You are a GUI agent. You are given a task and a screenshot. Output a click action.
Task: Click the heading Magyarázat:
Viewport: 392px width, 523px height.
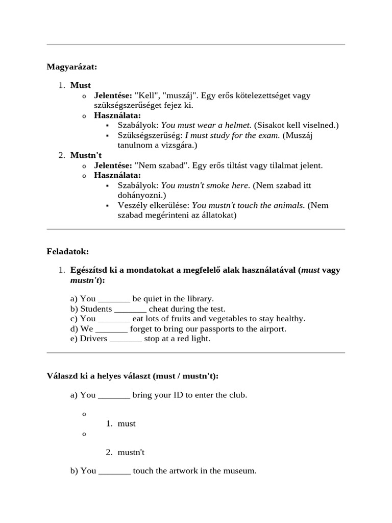click(x=72, y=66)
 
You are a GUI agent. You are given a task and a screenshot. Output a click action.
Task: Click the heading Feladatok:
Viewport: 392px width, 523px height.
click(x=68, y=251)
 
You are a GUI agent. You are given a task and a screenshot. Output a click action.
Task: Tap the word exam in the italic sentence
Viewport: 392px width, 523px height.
click(x=269, y=135)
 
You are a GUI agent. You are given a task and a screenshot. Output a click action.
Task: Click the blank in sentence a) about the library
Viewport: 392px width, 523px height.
click(x=114, y=299)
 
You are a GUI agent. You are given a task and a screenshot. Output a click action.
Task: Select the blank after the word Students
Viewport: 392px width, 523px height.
click(x=130, y=309)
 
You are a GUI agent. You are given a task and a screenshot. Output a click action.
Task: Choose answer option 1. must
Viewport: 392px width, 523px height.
click(x=126, y=424)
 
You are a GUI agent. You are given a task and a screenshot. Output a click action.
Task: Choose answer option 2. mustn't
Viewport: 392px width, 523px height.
click(x=131, y=453)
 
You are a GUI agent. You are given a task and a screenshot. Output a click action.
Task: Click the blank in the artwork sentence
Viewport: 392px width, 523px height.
click(x=114, y=471)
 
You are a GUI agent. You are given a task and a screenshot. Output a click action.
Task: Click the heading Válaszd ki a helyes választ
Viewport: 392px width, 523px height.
click(x=132, y=376)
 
